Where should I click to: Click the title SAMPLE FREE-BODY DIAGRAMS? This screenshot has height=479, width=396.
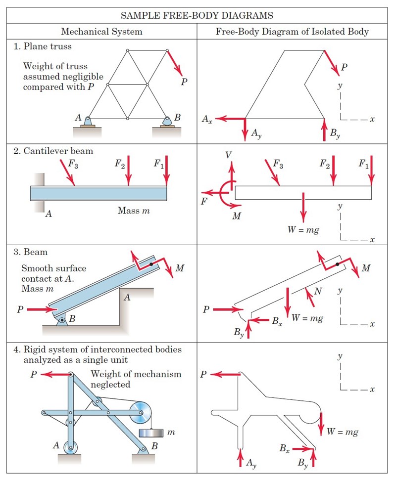[198, 15]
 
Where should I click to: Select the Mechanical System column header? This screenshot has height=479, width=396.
[101, 32]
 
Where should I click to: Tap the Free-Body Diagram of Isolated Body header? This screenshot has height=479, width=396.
[292, 32]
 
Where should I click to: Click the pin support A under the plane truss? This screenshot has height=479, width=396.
[87, 122]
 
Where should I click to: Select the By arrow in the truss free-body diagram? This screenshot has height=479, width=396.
[324, 130]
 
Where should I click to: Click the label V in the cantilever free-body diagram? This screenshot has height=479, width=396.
[228, 155]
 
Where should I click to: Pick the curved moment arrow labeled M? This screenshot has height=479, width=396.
[224, 193]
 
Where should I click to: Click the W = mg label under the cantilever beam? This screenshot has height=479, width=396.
[303, 230]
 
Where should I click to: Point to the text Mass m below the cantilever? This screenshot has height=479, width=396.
[134, 211]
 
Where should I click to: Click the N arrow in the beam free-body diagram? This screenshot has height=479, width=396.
[310, 297]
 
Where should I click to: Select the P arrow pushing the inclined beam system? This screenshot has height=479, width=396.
[43, 310]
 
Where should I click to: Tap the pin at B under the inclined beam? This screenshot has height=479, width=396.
[62, 321]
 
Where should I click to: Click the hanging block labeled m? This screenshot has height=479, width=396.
[152, 433]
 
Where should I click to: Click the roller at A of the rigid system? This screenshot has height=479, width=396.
[70, 448]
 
